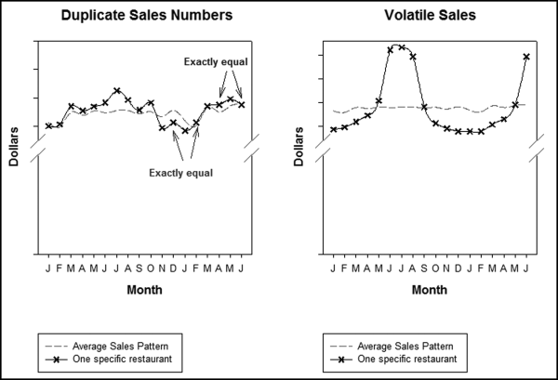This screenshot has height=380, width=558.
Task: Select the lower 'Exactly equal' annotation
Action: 181,173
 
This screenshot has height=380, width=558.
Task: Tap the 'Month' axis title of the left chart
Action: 144,289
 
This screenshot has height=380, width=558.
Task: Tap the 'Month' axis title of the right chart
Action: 430,289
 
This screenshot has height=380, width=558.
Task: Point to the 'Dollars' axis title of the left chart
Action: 15,148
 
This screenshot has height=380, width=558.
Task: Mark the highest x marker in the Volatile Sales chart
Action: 401,46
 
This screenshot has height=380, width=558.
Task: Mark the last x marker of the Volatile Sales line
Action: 526,57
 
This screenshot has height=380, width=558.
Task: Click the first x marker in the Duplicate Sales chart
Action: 48,125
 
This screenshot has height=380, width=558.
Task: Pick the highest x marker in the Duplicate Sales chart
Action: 116,91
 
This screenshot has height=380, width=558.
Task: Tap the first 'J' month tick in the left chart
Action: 48,269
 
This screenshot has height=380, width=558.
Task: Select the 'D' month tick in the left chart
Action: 173,269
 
